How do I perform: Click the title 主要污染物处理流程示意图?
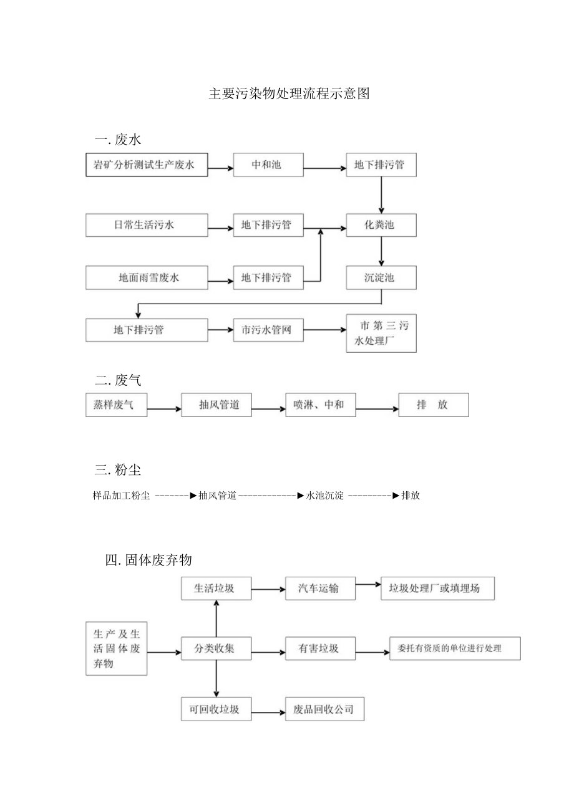(289, 94)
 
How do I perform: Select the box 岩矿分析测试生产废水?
(146, 165)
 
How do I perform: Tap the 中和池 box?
(268, 165)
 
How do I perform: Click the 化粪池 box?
(381, 225)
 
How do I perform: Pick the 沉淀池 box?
(381, 277)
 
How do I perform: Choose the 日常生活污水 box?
(146, 225)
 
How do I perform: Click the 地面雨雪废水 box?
(146, 277)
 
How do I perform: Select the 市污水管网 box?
(268, 330)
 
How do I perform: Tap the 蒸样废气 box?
(117, 405)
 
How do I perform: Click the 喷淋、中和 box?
(320, 405)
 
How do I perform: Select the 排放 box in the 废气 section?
(433, 405)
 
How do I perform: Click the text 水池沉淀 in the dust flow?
(324, 496)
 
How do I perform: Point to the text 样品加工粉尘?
(121, 496)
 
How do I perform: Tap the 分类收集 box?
(216, 648)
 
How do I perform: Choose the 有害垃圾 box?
(320, 648)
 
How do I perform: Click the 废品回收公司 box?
(324, 709)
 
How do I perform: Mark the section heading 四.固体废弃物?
(149, 560)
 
